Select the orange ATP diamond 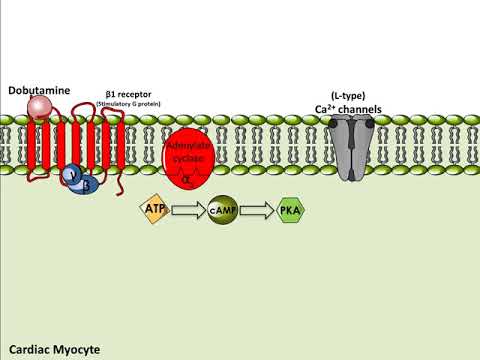pos(153,209)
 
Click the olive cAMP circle pos(222,210)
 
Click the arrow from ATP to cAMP pos(187,210)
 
